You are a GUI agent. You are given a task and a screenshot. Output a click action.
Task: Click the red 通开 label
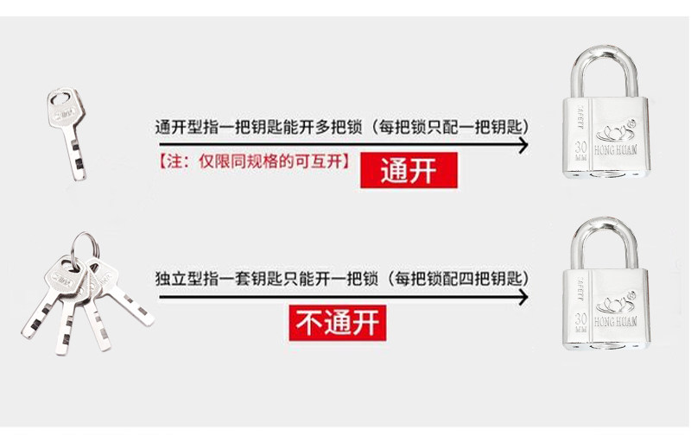[409, 171]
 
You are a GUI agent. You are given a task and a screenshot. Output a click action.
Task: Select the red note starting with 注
[254, 161]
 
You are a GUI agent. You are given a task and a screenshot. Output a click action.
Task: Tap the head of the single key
[61, 111]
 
